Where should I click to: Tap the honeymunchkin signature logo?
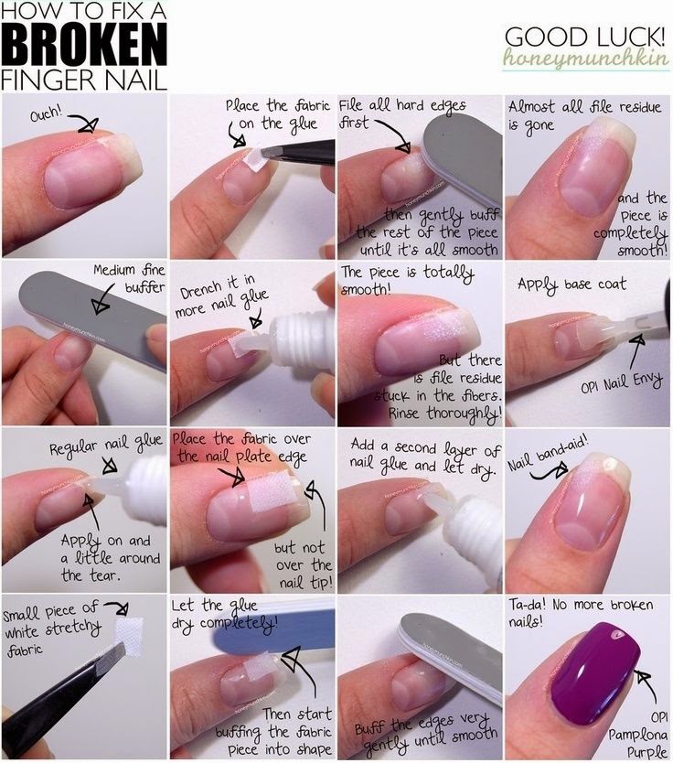click(585, 58)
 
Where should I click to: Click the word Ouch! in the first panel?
click(47, 113)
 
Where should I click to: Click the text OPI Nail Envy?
click(622, 383)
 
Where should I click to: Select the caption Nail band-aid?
click(548, 454)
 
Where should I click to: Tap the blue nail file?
click(272, 628)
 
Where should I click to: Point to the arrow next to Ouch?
click(83, 123)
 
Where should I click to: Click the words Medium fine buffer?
click(129, 278)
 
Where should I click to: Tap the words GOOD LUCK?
click(584, 37)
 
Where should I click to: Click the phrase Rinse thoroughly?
click(444, 414)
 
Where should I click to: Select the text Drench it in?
click(218, 288)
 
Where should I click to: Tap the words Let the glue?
click(215, 607)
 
